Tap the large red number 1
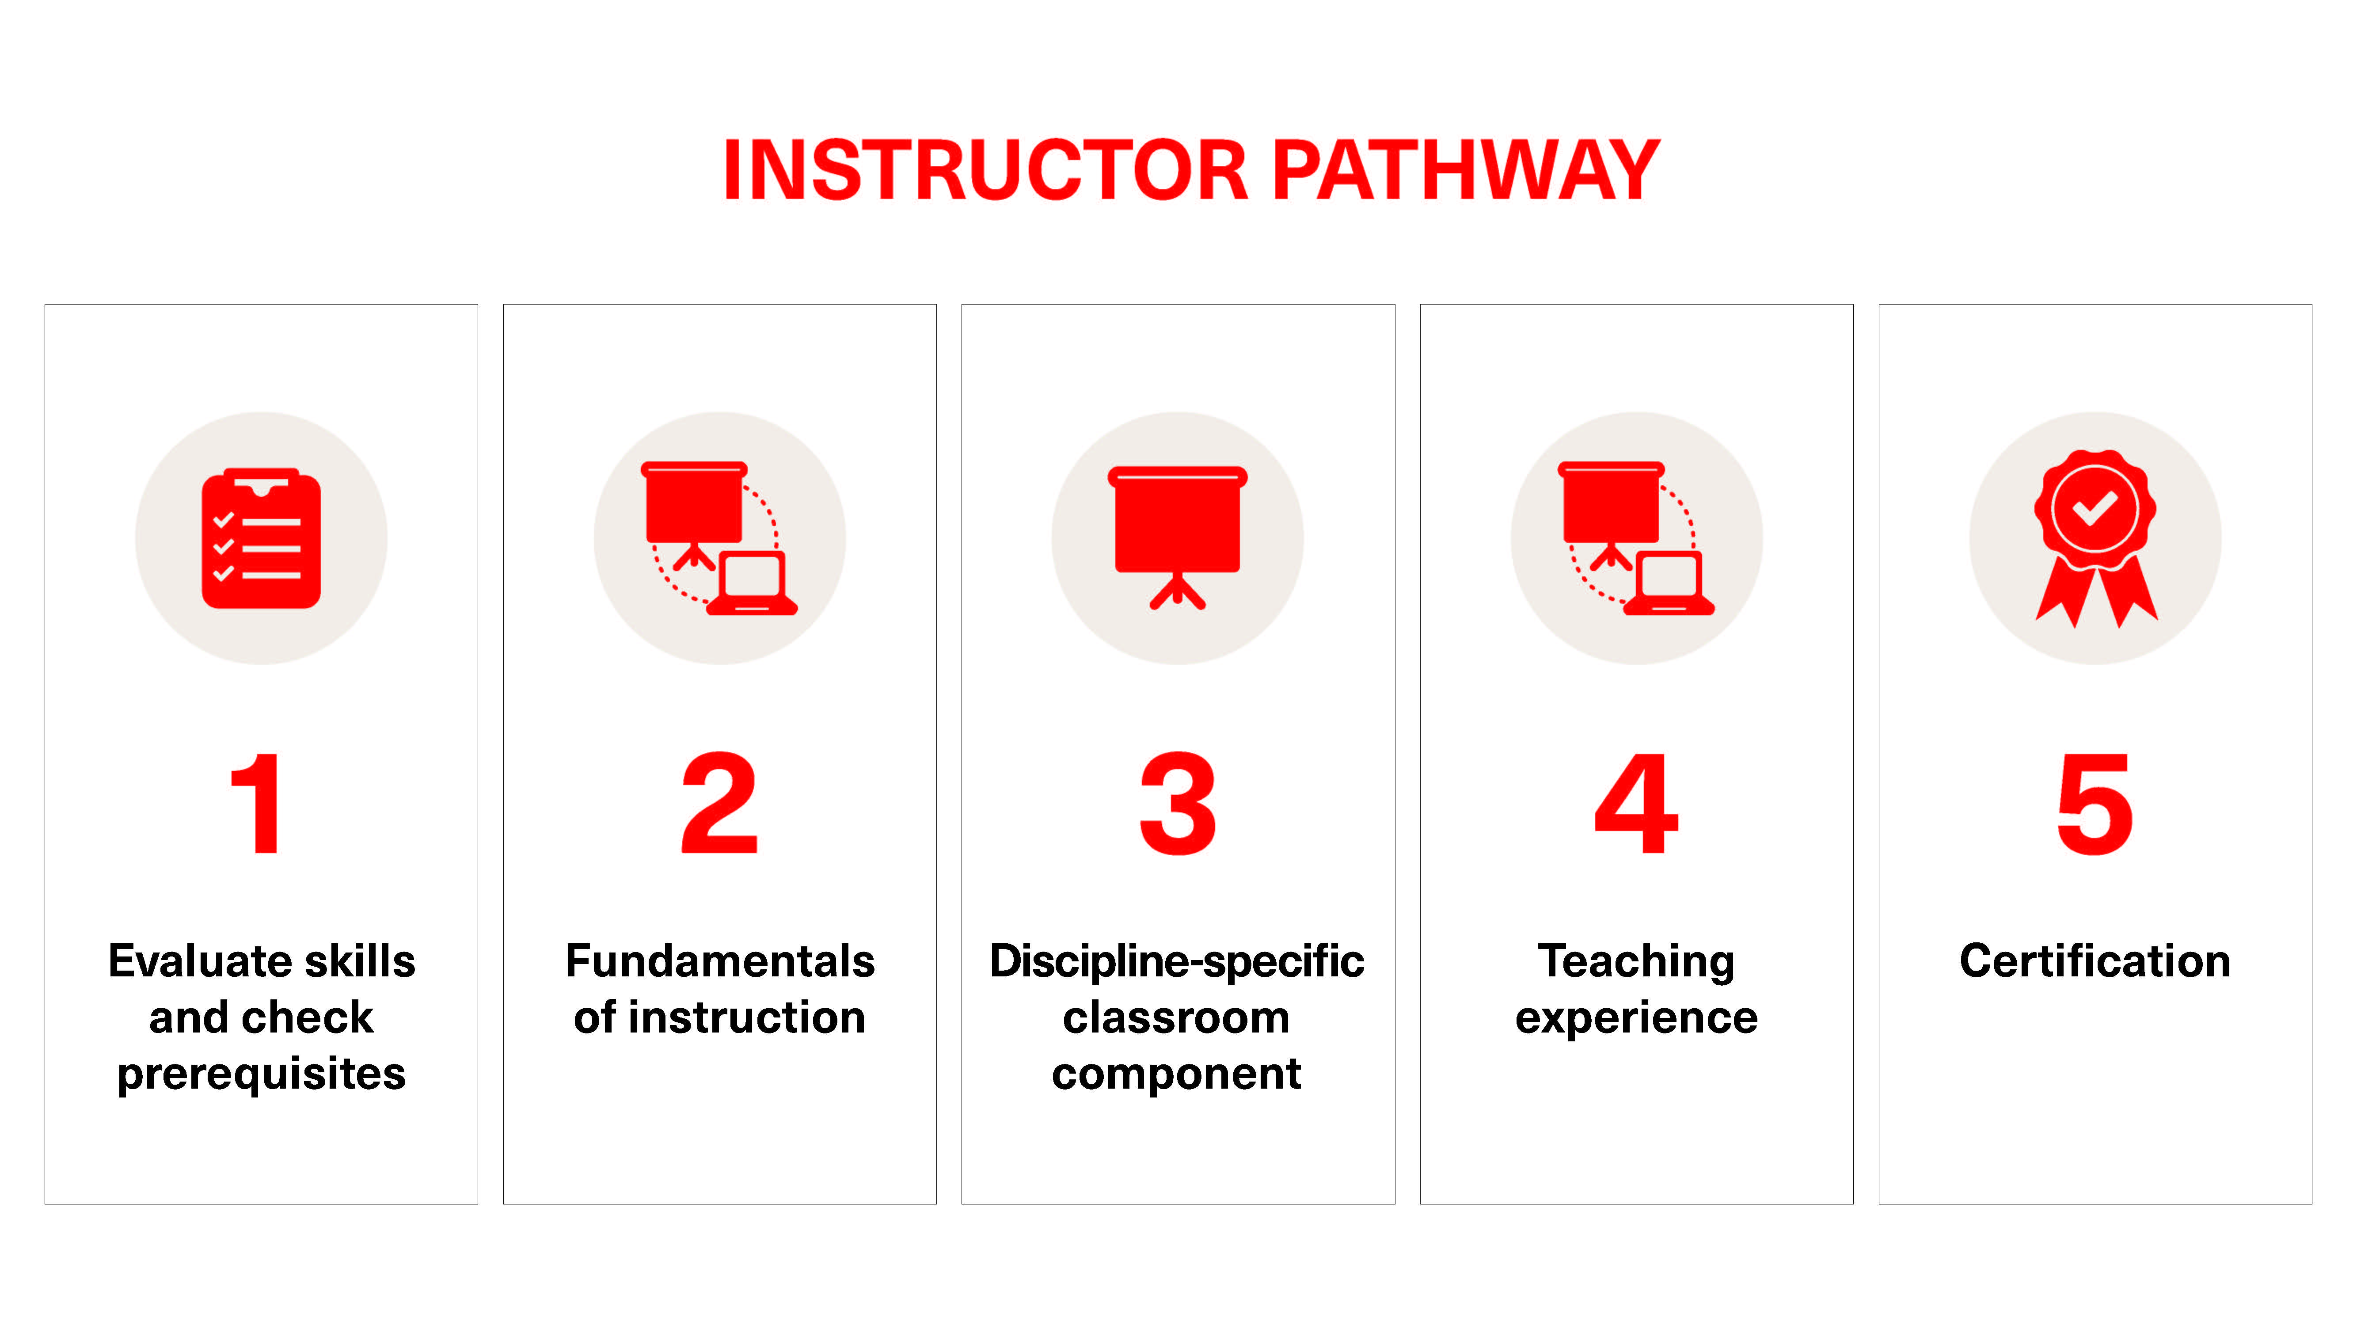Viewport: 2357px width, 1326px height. [x=256, y=804]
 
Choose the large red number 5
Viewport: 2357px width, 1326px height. [x=2095, y=804]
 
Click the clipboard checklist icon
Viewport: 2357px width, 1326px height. [x=262, y=538]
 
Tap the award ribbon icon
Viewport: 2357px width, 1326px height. [x=2095, y=538]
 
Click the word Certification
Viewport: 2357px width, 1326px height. [x=2095, y=961]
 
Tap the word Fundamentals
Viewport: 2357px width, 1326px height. [x=720, y=961]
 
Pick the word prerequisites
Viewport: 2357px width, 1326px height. [x=262, y=1075]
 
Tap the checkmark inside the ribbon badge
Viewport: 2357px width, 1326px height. [x=2095, y=508]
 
